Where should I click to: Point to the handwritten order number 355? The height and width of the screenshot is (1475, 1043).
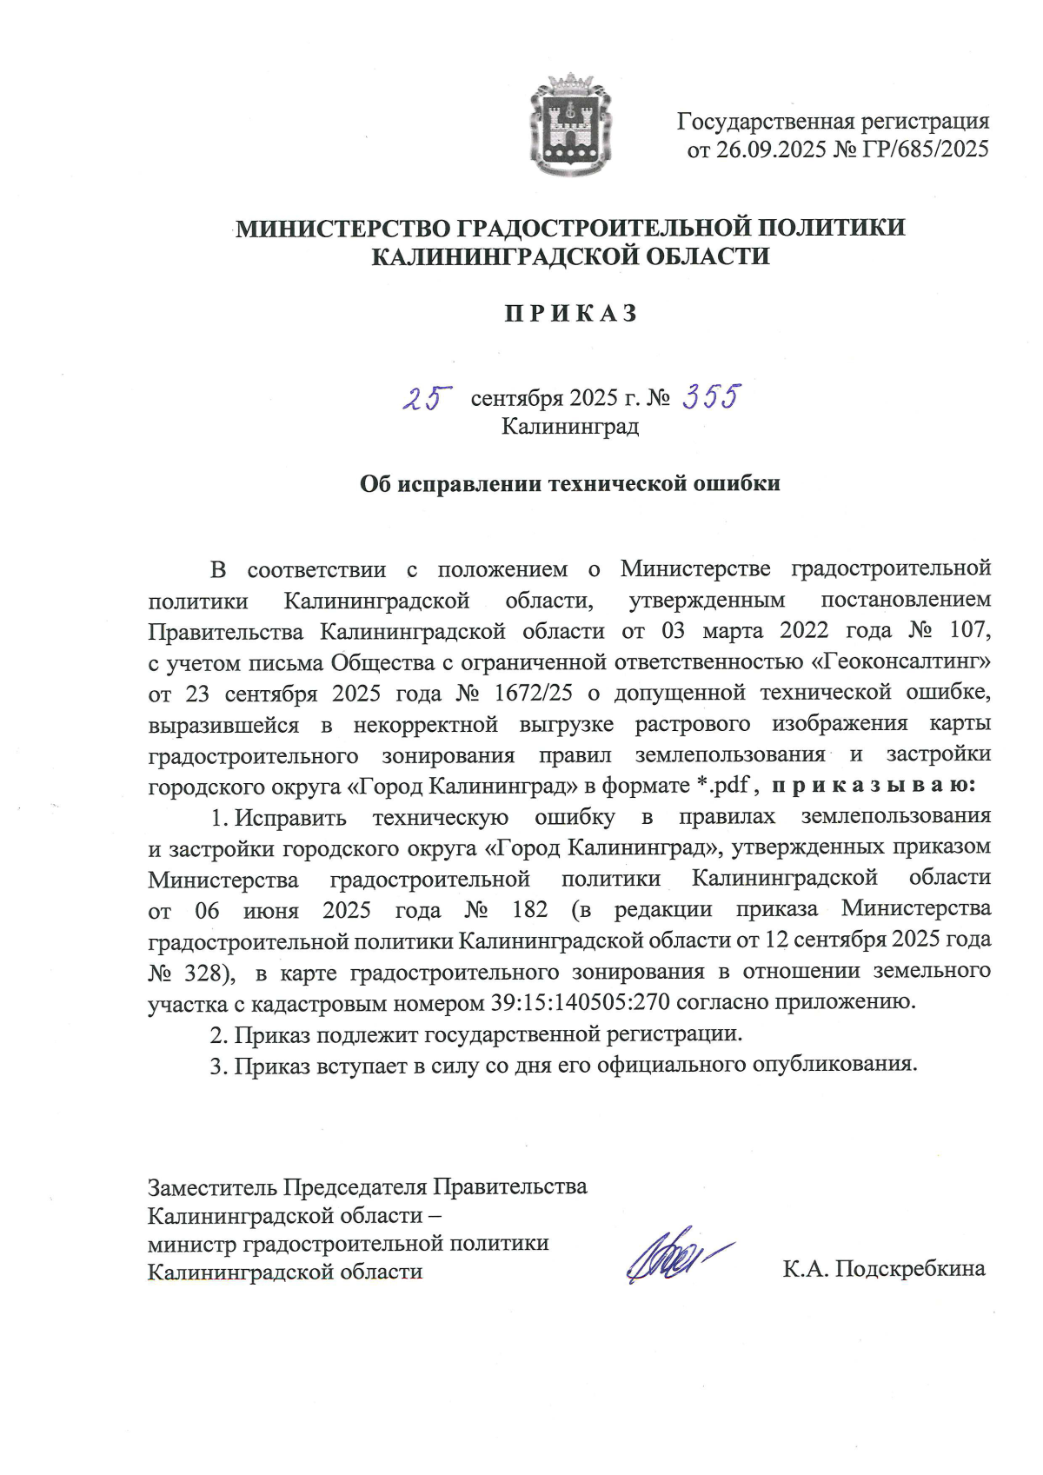point(711,397)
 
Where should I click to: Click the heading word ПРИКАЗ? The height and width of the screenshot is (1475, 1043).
point(571,313)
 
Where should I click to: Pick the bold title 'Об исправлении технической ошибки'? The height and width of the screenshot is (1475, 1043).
point(570,483)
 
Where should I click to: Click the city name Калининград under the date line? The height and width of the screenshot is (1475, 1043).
point(570,427)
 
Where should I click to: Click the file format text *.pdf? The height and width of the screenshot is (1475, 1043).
point(723,786)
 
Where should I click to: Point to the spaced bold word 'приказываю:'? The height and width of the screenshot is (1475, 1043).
point(874,786)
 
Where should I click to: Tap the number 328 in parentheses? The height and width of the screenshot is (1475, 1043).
point(207,972)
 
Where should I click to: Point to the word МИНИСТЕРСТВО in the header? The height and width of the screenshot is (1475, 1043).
point(343,229)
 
